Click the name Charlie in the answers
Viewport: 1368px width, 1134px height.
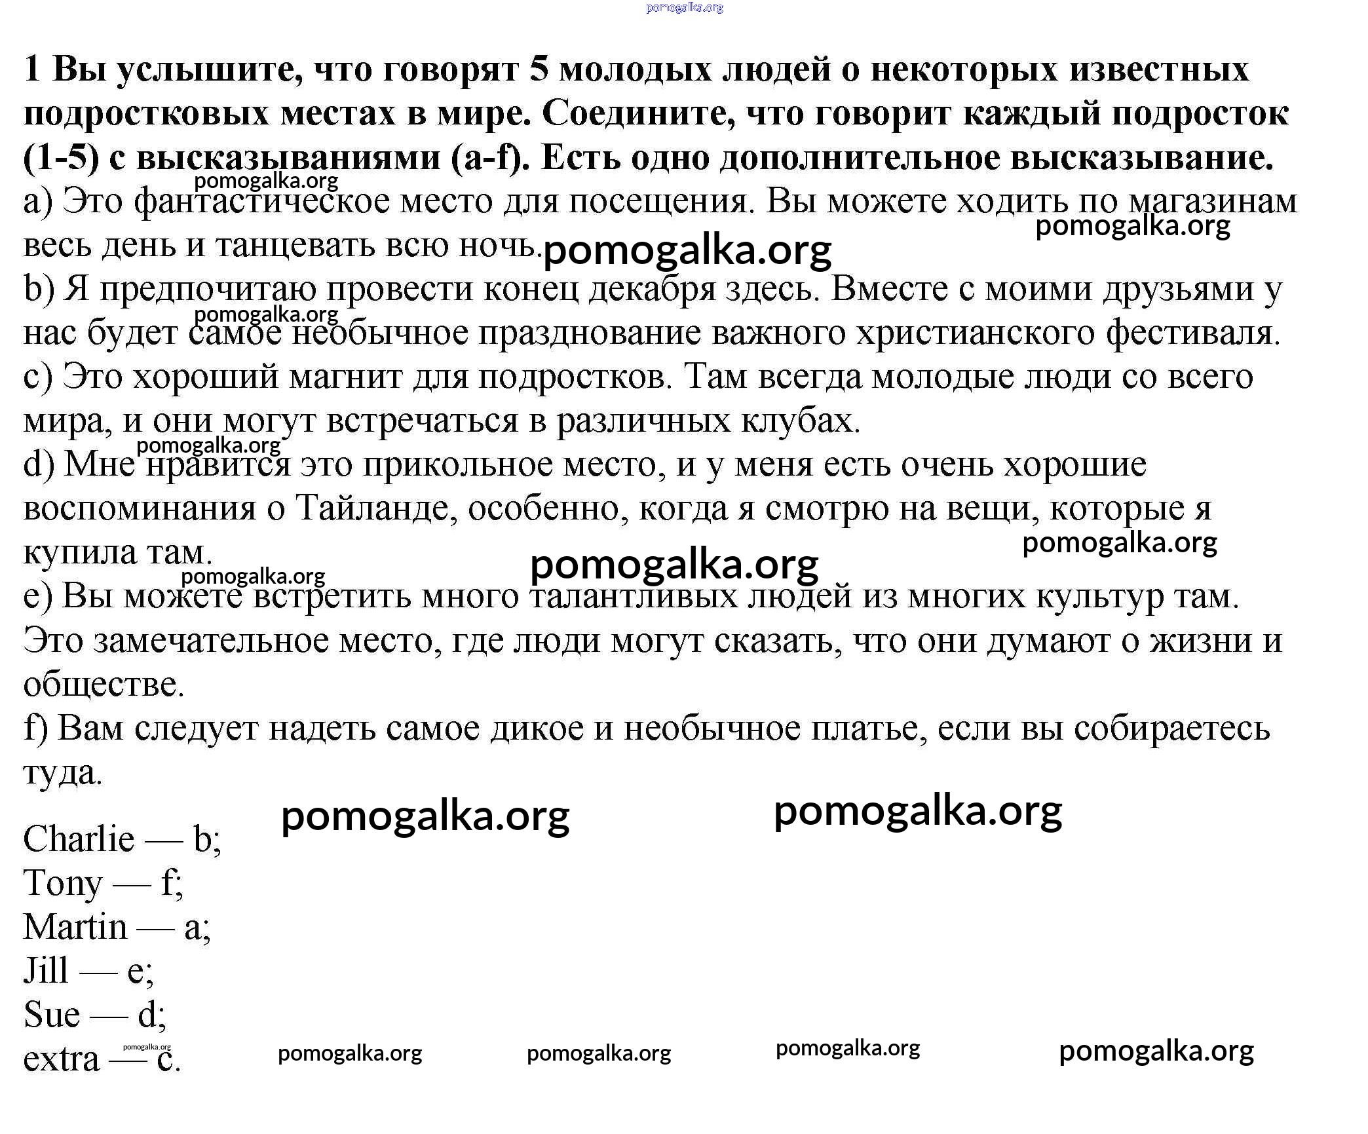(79, 839)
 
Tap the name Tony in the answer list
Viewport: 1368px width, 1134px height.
(63, 883)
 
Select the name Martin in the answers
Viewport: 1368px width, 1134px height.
(75, 927)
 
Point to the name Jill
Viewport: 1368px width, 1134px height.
(46, 971)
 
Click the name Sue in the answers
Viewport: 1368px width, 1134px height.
(52, 1015)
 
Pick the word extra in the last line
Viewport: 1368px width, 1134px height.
(62, 1059)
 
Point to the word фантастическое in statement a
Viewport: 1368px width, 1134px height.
(261, 201)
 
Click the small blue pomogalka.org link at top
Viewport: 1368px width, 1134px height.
(684, 8)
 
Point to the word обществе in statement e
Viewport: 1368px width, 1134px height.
(104, 685)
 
